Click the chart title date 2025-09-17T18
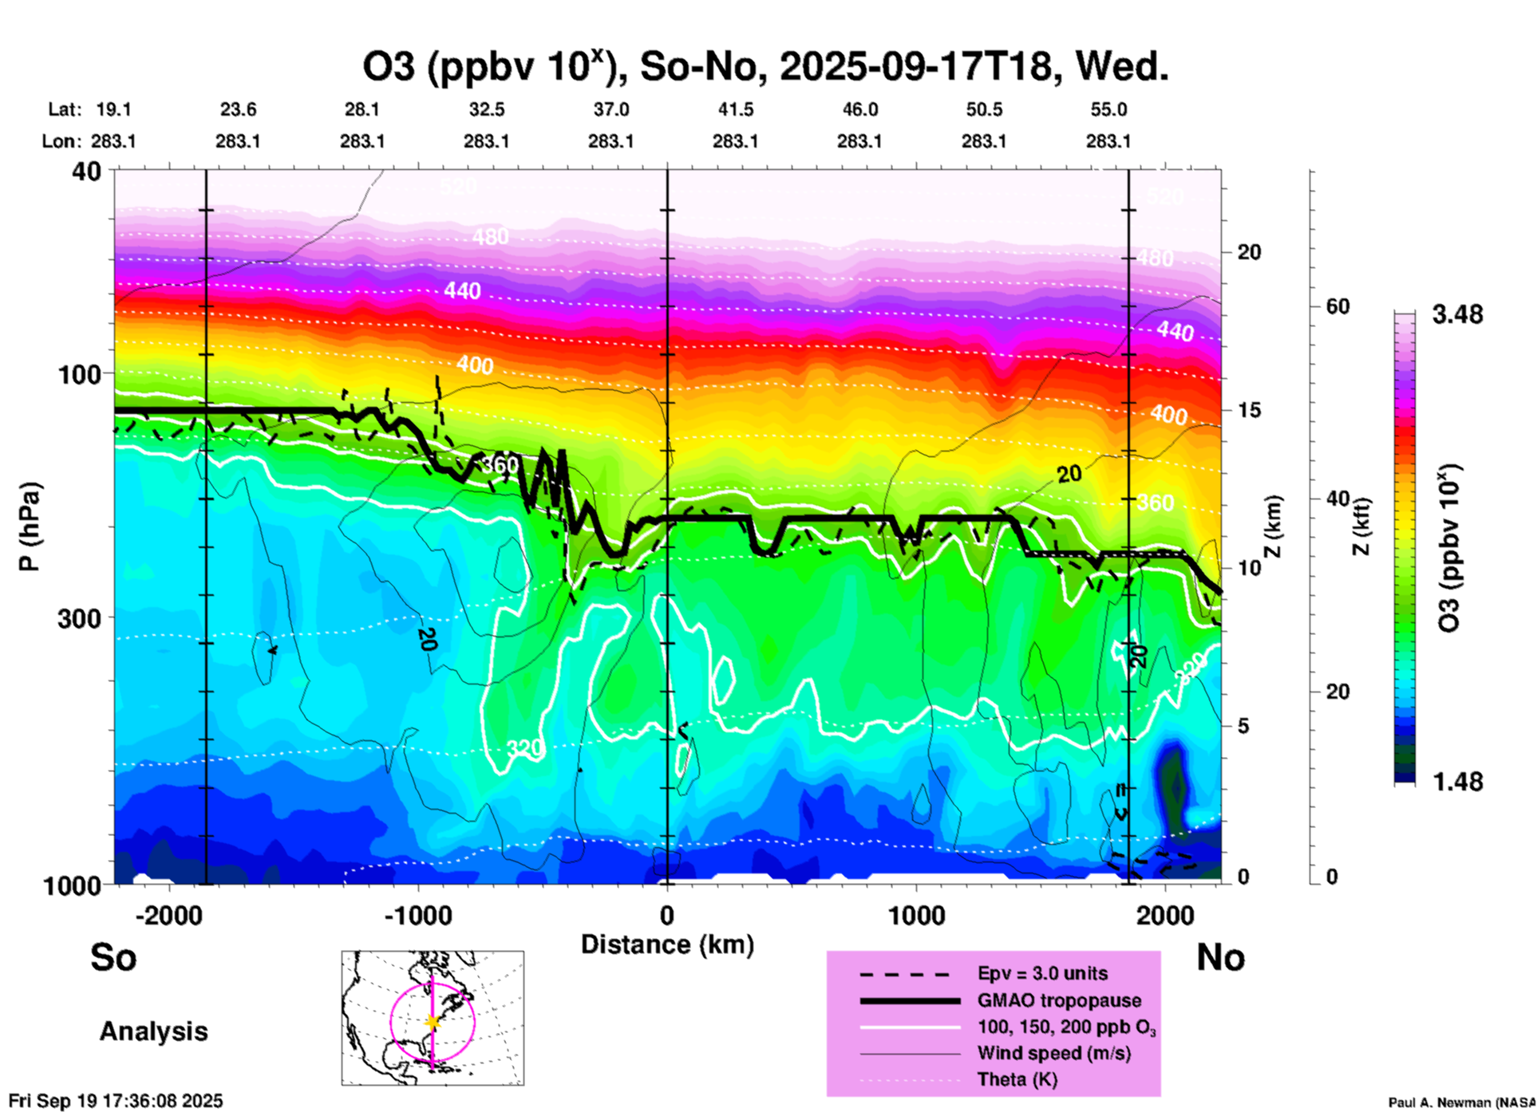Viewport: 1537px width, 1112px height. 915,66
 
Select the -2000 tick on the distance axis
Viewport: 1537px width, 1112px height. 168,915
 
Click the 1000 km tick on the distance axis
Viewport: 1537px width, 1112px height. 916,915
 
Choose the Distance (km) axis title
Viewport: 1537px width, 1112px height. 667,944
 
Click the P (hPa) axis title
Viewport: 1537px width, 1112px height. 30,526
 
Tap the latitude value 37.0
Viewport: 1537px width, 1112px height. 610,109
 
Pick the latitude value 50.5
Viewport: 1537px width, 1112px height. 983,109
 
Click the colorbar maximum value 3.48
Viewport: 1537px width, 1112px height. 1457,314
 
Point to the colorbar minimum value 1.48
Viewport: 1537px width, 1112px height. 1457,781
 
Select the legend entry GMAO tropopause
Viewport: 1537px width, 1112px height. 1059,1000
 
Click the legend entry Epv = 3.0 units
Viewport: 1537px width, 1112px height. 1042,973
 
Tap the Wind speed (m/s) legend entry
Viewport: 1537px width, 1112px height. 1053,1053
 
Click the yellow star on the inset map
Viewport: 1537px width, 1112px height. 433,1022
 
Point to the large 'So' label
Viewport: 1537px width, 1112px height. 113,957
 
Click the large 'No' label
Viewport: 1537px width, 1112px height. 1220,957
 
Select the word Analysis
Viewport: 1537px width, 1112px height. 153,1031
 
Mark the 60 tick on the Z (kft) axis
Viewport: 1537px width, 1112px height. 1337,306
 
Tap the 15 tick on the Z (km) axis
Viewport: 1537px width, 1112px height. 1249,410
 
